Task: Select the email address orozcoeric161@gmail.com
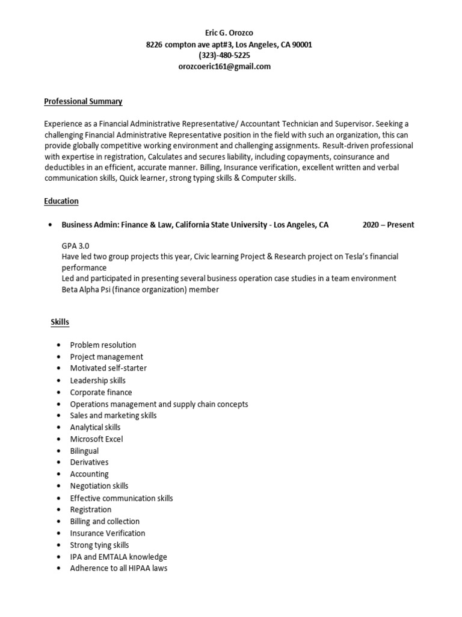click(x=225, y=67)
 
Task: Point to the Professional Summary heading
click(x=83, y=101)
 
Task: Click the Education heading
click(x=61, y=201)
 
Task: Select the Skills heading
click(x=60, y=322)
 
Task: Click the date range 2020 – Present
click(x=388, y=225)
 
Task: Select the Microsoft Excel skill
click(x=96, y=439)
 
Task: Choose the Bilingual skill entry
click(x=84, y=451)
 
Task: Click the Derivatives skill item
click(x=89, y=462)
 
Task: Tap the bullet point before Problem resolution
click(x=58, y=345)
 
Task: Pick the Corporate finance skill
click(x=100, y=392)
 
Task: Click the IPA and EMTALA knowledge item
click(x=119, y=557)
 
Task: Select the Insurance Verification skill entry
click(x=107, y=533)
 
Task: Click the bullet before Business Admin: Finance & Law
click(x=49, y=225)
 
